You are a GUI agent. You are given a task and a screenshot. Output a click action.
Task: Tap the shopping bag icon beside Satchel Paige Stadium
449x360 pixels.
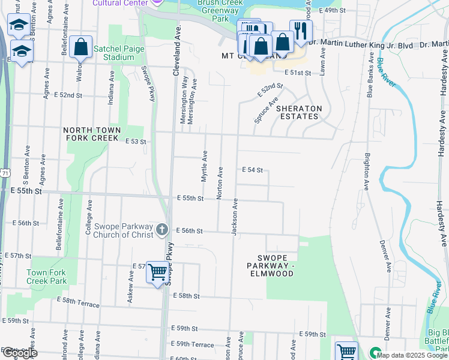click(80, 47)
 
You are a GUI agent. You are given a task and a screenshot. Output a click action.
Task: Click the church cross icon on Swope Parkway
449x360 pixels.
click(161, 230)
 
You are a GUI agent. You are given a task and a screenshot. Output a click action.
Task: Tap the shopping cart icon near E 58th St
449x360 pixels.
click(157, 272)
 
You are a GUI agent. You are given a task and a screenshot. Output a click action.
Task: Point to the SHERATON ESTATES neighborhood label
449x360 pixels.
click(299, 112)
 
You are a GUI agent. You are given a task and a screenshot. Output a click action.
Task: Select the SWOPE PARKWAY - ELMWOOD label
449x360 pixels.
click(272, 269)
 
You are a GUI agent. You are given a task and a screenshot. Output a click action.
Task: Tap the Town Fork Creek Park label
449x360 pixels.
click(46, 277)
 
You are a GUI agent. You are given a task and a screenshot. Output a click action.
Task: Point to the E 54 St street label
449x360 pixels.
click(253, 170)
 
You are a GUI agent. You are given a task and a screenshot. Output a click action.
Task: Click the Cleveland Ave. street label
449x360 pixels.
click(176, 51)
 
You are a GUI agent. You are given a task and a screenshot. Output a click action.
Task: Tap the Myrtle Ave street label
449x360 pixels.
click(204, 167)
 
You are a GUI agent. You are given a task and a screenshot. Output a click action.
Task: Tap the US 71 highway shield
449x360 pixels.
click(5, 173)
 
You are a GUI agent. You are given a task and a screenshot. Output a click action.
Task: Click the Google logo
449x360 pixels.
click(19, 353)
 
